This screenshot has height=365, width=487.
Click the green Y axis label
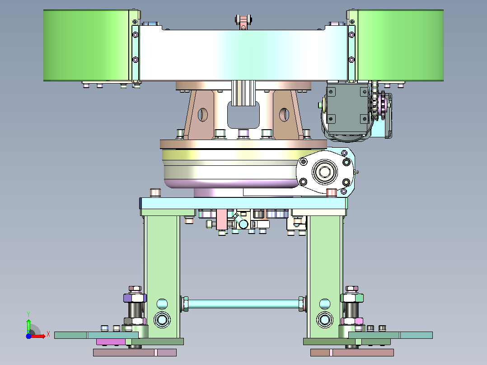pos(28,314)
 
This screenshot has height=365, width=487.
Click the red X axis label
pos(48,334)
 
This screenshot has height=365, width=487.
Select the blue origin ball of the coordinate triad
pos(28,336)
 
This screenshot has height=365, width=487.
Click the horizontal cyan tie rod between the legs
pos(243,304)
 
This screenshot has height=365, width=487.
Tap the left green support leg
pos(162,276)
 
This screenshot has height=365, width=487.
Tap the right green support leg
pos(325,276)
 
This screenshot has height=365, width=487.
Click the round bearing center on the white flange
pos(325,172)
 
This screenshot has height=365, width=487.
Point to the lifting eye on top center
pos(243,22)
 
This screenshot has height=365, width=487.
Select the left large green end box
pos(86,45)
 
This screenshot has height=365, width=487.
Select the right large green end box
pos(401,45)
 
